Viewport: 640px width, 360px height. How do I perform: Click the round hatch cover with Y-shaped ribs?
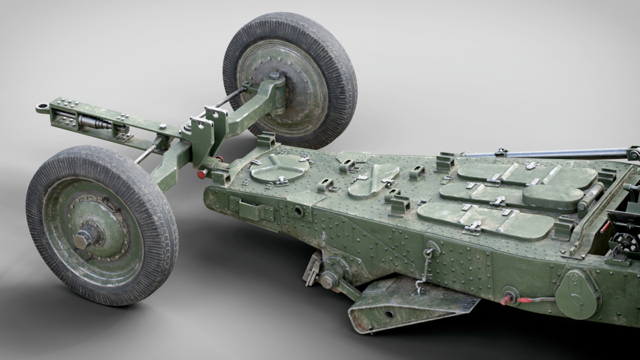[279, 169]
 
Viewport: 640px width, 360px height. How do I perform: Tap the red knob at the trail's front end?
[202, 174]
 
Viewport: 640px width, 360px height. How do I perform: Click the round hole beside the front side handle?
[298, 212]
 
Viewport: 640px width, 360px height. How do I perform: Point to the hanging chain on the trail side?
[425, 269]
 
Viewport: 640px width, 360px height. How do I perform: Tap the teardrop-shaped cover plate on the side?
[576, 293]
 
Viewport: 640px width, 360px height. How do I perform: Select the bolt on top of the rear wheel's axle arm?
[274, 76]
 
